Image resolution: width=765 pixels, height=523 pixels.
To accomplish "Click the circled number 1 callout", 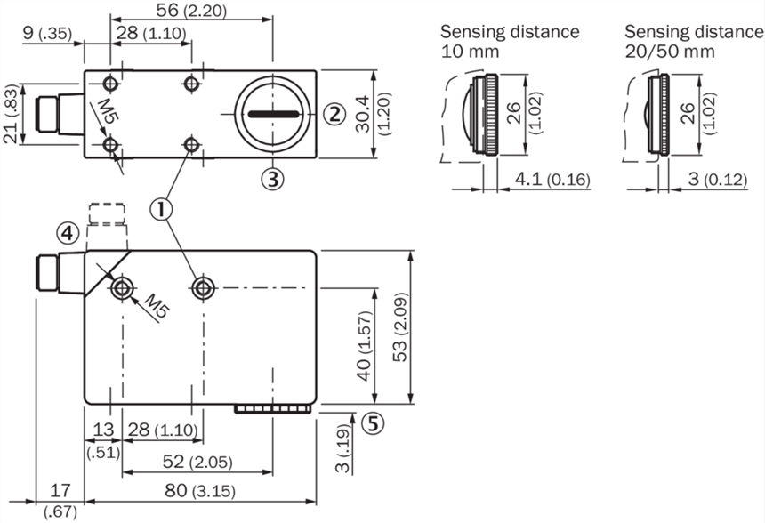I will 161,209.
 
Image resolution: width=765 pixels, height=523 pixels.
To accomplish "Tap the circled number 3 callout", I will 272,179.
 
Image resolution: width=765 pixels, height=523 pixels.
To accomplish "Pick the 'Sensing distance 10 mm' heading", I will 510,41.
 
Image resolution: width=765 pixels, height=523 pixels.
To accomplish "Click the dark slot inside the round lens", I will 271,114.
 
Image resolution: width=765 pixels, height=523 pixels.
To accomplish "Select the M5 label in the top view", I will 107,111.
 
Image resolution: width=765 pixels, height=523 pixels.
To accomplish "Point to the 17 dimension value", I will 60,489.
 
